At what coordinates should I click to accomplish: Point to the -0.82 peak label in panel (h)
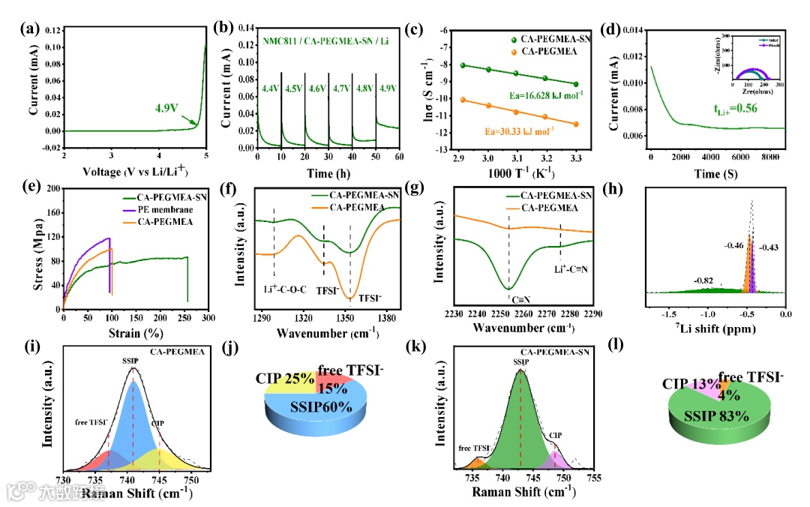coord(702,280)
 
